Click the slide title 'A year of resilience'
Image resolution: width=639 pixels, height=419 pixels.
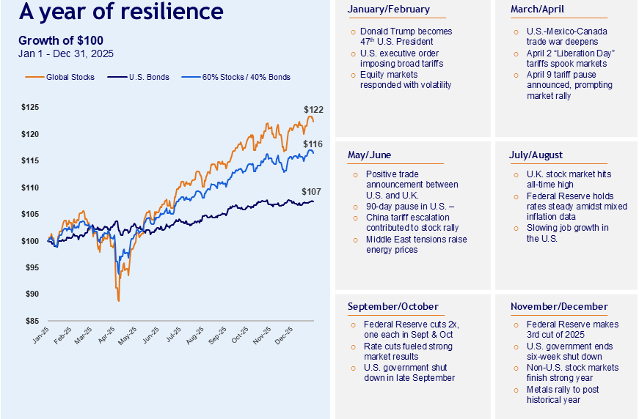click(x=121, y=12)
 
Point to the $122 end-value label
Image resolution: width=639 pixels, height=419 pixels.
click(x=313, y=110)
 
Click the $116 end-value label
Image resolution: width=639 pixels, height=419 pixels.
click(x=313, y=144)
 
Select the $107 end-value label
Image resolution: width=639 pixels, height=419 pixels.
click(x=312, y=192)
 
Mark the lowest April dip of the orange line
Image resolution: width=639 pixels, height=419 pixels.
click(x=118, y=300)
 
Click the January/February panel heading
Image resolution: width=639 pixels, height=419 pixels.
click(x=389, y=10)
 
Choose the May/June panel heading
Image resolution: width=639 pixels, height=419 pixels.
click(x=370, y=155)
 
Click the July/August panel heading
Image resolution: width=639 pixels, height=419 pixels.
click(x=536, y=155)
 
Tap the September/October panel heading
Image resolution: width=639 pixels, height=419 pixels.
click(x=392, y=306)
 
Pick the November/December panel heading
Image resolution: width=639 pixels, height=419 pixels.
click(x=558, y=306)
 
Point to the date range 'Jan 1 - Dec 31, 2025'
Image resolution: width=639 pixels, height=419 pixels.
click(x=66, y=54)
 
